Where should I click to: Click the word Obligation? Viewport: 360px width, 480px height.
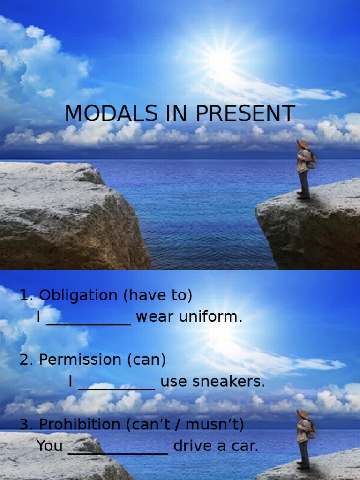pos(78,295)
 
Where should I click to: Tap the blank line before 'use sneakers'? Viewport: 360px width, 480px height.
pos(116,387)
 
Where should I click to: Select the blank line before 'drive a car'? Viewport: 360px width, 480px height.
pos(118,451)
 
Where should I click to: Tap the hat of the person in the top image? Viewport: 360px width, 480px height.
pos(302,143)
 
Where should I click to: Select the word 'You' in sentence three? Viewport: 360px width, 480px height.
pos(49,446)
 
